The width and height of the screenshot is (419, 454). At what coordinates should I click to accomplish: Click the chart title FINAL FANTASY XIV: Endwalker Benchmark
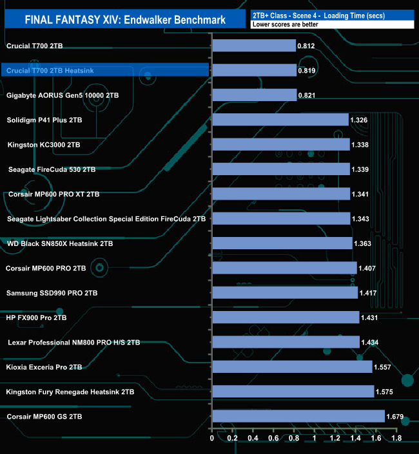[125, 20]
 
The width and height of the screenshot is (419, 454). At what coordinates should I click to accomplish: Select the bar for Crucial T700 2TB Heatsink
[254, 70]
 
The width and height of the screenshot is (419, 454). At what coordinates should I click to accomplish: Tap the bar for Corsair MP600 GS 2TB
[298, 417]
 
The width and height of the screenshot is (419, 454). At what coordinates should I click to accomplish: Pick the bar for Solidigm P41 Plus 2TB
[280, 120]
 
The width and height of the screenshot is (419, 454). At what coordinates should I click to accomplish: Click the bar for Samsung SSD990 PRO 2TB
[284, 293]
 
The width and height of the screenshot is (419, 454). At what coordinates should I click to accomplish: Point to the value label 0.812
[306, 46]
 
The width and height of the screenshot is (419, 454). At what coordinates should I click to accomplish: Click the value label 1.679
[395, 417]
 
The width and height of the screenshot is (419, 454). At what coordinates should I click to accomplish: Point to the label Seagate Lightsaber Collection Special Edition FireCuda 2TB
[106, 219]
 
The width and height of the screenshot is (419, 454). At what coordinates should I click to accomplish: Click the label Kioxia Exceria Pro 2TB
[44, 367]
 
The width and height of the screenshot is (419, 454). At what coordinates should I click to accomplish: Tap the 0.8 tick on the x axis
[294, 439]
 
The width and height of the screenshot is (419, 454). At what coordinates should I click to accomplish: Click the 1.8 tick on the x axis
[396, 439]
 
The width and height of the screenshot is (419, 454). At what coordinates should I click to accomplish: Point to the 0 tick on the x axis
[212, 439]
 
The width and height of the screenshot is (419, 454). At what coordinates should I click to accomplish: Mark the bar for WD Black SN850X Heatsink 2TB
[282, 243]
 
